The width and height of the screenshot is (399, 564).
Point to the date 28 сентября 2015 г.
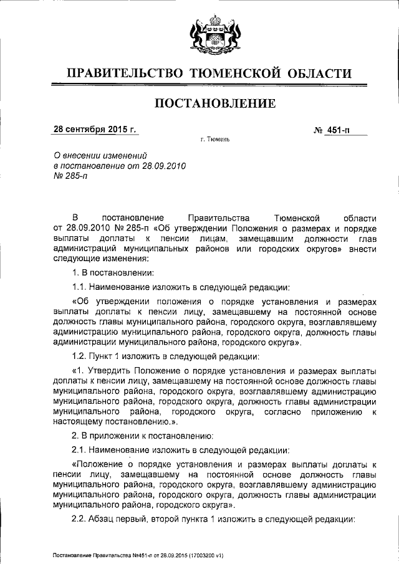coord(94,130)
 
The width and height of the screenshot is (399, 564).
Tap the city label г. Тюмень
coord(215,139)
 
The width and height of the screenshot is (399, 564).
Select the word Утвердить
coord(110,370)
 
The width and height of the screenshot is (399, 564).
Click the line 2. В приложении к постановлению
coord(143,435)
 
